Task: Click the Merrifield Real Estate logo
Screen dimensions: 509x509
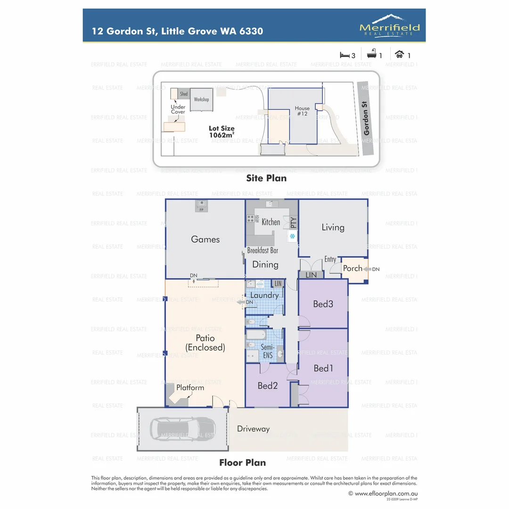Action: click(389, 25)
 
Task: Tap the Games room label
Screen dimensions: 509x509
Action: click(205, 239)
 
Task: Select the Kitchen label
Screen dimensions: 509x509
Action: click(271, 222)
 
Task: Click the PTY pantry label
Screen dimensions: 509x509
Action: click(293, 222)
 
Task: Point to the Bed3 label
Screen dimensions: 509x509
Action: click(323, 304)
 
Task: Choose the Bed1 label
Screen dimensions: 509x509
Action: click(323, 368)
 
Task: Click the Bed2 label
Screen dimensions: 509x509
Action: click(267, 386)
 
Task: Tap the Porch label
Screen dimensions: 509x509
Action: click(353, 269)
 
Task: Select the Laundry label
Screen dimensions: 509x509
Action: click(264, 296)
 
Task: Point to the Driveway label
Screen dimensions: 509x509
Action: click(254, 429)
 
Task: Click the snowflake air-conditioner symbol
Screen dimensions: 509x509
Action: click(292, 236)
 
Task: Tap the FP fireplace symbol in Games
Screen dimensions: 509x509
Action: click(201, 206)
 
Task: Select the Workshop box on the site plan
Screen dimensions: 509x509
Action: click(201, 100)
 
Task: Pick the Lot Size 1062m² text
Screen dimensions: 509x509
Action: click(222, 131)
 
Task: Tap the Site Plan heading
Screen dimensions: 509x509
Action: click(266, 178)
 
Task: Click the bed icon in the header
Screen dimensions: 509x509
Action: click(345, 55)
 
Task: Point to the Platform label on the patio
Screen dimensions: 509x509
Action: click(190, 388)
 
